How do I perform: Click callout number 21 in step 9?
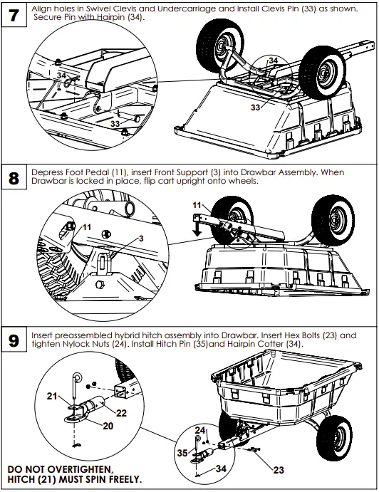pyautogui.click(x=52, y=396)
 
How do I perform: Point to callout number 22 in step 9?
pyautogui.click(x=121, y=412)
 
